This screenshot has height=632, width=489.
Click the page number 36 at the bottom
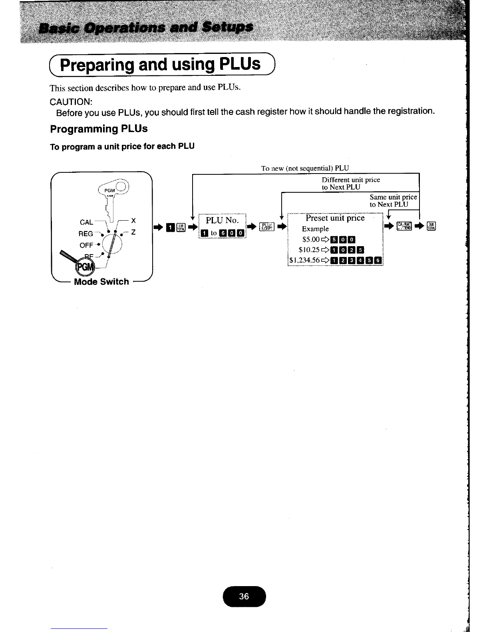coord(244,596)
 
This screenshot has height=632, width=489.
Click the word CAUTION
coord(71,101)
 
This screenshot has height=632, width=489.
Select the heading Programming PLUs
coord(99,129)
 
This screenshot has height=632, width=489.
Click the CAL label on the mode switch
coord(86,222)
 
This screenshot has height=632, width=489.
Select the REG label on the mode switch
coord(85,234)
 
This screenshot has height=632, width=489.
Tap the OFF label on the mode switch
coord(86,245)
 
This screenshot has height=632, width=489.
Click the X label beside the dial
coord(133,221)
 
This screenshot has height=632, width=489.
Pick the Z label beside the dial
coord(133,232)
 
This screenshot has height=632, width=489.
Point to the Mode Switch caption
coord(101,282)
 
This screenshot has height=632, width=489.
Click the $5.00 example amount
coord(312,240)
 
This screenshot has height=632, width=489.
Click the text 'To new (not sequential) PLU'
coord(305,168)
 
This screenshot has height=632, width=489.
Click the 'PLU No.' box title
coord(222,220)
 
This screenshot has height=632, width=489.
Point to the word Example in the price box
coord(315,229)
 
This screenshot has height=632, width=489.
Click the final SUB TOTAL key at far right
coord(432,226)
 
